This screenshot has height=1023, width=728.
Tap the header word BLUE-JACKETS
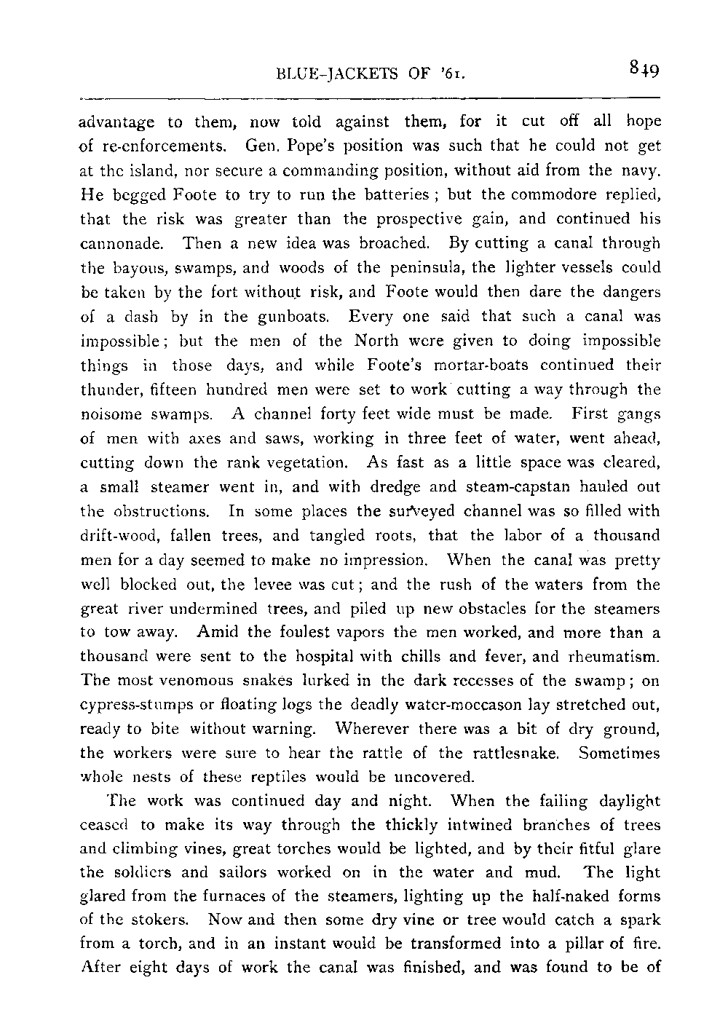pos(331,74)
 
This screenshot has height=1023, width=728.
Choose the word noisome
pos(110,414)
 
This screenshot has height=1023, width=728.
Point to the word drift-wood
pos(116,535)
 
